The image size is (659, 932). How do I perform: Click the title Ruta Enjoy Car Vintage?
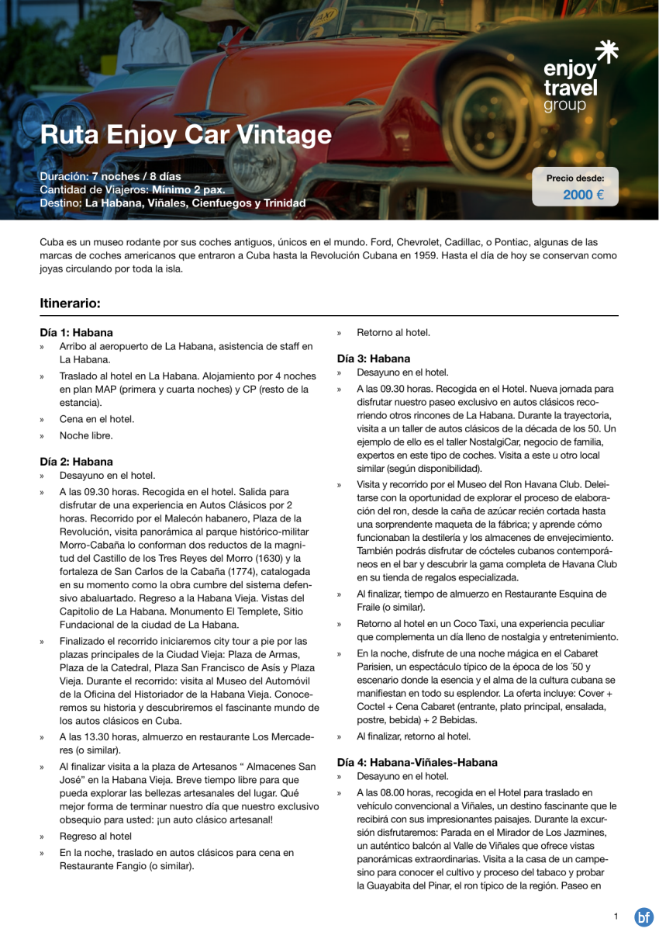point(185,135)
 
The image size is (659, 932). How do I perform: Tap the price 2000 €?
point(583,195)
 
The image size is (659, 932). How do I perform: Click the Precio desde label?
point(575,178)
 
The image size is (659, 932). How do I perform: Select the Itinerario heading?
point(70,303)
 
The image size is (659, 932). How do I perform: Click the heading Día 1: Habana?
point(76,332)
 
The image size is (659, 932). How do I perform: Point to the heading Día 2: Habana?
point(76,461)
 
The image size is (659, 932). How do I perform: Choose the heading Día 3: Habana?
point(373,359)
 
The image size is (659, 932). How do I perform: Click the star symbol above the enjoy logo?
point(606,53)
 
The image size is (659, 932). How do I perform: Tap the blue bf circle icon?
point(643,917)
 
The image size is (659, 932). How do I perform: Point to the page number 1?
point(616,916)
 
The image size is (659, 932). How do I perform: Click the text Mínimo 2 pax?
point(190,189)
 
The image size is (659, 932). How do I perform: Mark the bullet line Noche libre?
point(86,435)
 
